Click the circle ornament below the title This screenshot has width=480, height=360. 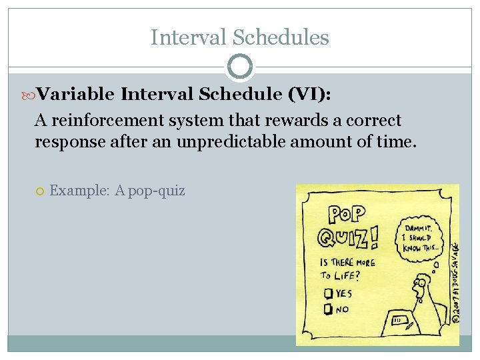click(x=240, y=67)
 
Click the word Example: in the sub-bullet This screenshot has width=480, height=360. click(x=80, y=191)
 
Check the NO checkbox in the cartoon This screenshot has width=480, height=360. click(x=328, y=309)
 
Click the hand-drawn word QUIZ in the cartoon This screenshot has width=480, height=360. click(x=345, y=237)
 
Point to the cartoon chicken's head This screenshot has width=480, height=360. click(x=421, y=287)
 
